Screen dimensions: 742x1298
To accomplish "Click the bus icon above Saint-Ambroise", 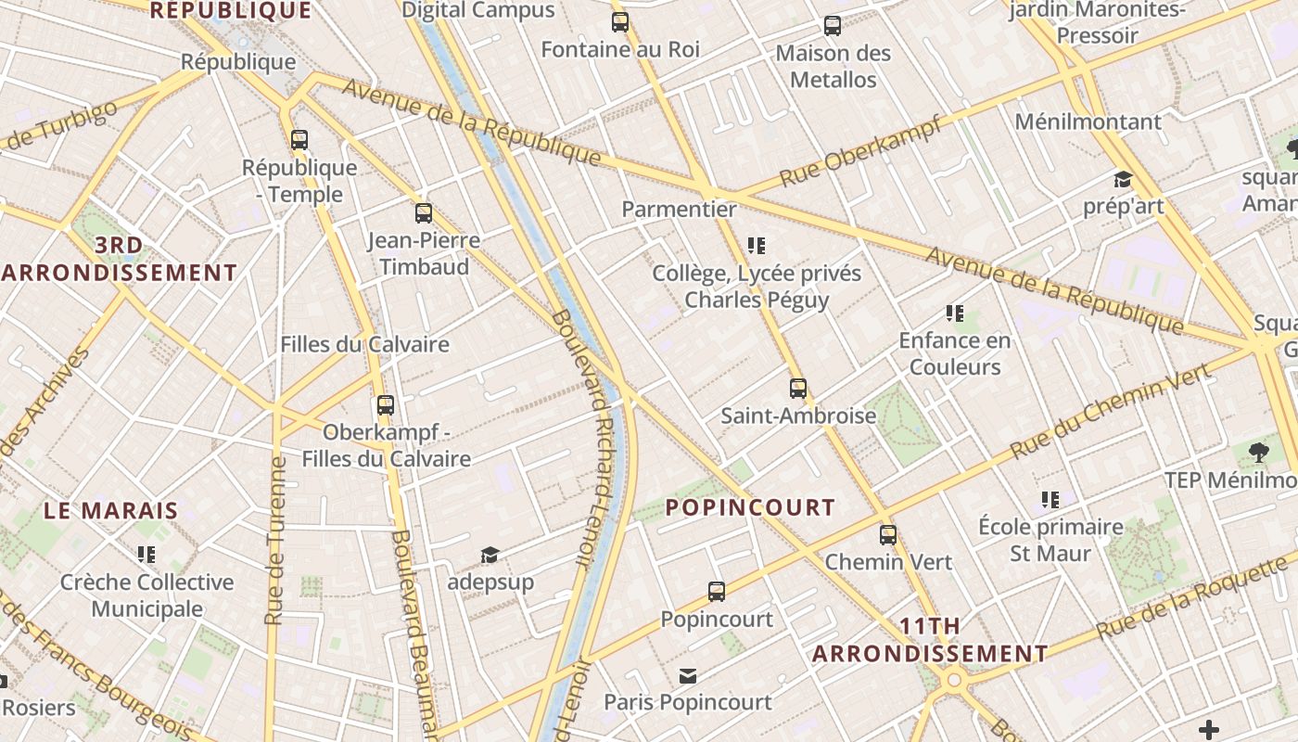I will click(798, 389).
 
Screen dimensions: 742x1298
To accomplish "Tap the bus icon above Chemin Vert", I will click(888, 535).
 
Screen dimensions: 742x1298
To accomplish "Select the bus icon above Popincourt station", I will click(716, 592).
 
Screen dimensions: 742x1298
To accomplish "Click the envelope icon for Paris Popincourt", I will click(688, 675).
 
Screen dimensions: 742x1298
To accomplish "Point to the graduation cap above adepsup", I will click(490, 556).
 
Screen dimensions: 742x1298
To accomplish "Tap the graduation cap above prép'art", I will click(1123, 180).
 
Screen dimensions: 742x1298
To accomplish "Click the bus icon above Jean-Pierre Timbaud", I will click(424, 213).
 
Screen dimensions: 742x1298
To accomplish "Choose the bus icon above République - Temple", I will click(299, 141).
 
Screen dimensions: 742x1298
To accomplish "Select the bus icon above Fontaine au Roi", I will click(620, 22).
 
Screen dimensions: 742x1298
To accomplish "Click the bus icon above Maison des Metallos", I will click(833, 26).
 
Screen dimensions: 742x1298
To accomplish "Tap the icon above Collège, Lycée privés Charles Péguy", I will click(757, 246).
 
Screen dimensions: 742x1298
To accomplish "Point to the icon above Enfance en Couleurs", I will click(955, 313).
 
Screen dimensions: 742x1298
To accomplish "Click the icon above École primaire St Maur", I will click(1050, 500).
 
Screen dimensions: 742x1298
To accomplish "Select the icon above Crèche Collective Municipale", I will click(146, 555).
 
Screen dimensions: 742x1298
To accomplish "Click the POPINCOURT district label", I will click(751, 507).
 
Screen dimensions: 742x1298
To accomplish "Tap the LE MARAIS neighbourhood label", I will click(111, 510).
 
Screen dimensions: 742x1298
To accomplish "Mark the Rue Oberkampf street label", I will click(859, 152).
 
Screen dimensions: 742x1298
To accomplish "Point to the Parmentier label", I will click(679, 209).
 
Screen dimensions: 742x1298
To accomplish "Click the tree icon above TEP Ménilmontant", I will click(1258, 453).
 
